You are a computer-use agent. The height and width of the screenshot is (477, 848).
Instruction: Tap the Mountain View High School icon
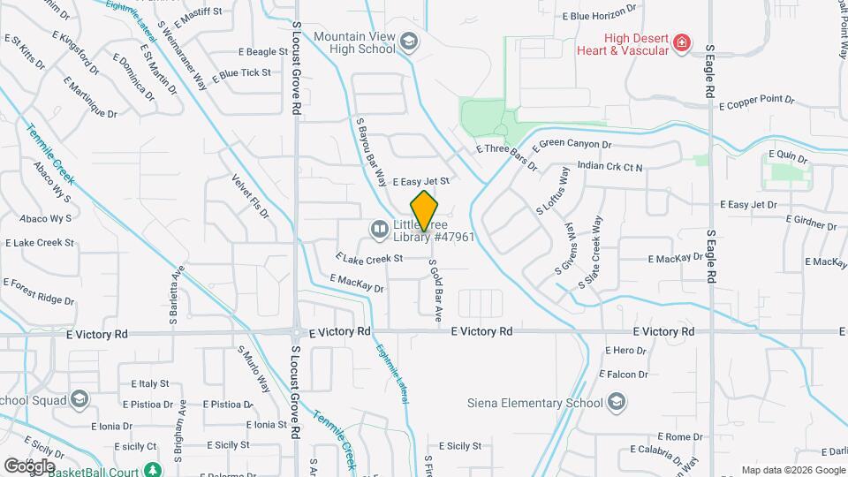[x=409, y=42]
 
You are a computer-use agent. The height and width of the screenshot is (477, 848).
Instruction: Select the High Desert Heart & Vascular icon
[x=681, y=42]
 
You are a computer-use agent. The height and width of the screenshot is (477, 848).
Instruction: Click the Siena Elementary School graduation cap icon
[x=617, y=403]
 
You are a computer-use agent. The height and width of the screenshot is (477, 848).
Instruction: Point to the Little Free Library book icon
[x=380, y=230]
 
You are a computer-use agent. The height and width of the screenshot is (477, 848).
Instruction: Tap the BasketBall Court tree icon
[x=153, y=469]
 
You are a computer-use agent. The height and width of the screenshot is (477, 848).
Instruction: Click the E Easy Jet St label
[x=421, y=181]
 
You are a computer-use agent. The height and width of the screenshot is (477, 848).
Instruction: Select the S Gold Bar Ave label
[x=435, y=289]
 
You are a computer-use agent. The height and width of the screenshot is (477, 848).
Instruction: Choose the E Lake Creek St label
[x=369, y=258]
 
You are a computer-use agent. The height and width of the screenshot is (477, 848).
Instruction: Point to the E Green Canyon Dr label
[x=575, y=143]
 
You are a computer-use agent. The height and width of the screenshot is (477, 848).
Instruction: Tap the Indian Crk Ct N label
[x=609, y=166]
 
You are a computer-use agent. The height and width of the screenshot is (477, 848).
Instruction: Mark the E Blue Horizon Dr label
[x=599, y=15]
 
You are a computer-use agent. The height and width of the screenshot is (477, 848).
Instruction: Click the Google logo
[x=29, y=466]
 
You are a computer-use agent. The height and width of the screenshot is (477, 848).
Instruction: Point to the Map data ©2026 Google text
[x=792, y=470]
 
